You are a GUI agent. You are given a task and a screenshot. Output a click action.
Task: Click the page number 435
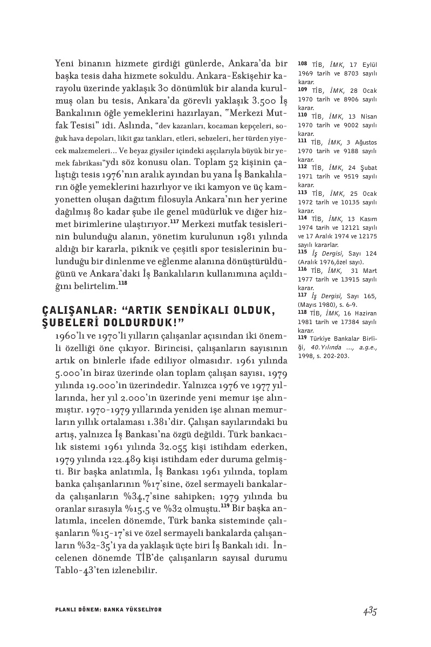pos(369,611)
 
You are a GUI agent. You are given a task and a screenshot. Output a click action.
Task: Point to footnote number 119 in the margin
pos(302,337)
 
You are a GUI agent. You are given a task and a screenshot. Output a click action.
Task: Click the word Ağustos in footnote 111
pos(365,142)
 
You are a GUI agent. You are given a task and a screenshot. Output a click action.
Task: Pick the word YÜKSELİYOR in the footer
pos(143,609)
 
